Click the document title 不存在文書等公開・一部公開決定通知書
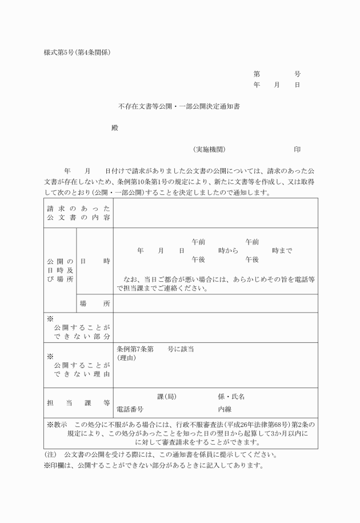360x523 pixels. click(x=179, y=106)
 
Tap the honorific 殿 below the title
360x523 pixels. click(x=114, y=128)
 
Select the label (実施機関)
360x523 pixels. click(x=210, y=149)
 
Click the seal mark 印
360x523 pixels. click(x=297, y=149)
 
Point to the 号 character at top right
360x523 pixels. click(x=297, y=74)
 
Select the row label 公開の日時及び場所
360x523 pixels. click(x=60, y=270)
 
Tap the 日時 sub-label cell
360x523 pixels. click(x=95, y=261)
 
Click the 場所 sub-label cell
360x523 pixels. click(x=95, y=304)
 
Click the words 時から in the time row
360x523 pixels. click(x=228, y=251)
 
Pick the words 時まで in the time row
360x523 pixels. click(x=282, y=251)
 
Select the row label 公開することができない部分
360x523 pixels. click(x=78, y=328)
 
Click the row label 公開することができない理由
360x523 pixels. click(x=78, y=365)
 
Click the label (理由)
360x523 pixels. click(x=126, y=358)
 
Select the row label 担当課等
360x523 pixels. click(x=78, y=403)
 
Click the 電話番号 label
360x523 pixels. click(x=130, y=409)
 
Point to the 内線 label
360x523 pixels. click(x=225, y=409)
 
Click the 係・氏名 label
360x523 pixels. click(x=231, y=396)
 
